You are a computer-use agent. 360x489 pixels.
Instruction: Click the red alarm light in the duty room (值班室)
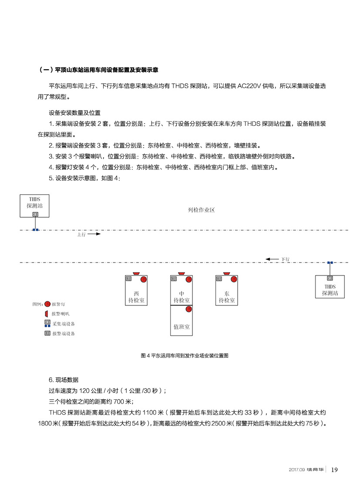188,309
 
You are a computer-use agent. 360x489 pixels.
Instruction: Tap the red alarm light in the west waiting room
144,279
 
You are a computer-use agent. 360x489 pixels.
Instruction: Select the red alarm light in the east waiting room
234,279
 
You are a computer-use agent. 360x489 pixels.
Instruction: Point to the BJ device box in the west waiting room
128,279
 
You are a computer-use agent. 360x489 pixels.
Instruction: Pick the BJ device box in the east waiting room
219,279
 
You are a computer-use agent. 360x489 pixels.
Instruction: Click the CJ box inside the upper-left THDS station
35,214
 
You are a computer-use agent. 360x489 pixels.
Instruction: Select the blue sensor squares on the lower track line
330,263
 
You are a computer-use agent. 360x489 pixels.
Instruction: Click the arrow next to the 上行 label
95,234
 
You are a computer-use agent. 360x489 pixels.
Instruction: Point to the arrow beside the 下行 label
273,259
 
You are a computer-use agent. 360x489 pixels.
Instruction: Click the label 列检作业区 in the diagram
201,210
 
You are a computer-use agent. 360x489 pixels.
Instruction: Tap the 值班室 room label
182,327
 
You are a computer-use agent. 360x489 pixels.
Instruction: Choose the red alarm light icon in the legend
47,304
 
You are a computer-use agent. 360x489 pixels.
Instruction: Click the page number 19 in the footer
335,469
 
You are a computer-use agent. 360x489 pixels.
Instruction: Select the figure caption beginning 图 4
185,356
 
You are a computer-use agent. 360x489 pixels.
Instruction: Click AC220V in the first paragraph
250,86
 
